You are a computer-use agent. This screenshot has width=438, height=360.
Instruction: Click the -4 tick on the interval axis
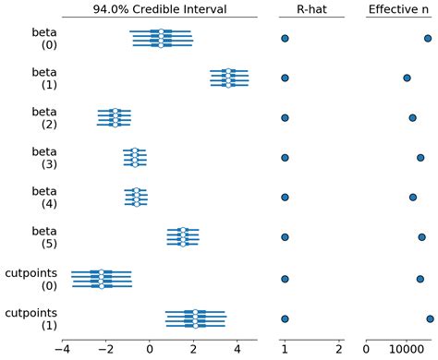point(63,350)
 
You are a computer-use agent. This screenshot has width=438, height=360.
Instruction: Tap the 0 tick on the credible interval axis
point(150,350)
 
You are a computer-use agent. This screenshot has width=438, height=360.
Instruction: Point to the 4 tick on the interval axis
point(237,350)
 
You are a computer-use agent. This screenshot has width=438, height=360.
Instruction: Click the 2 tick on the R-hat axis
point(339,350)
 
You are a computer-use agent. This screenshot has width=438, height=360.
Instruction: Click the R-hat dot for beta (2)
point(285,118)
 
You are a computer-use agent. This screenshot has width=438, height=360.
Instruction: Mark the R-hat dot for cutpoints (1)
point(285,318)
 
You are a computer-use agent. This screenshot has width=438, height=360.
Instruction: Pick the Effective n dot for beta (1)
point(407,78)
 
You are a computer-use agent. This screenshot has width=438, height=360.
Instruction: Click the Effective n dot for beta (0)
point(428,38)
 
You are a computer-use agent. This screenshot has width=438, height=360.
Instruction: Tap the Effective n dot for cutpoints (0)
point(420,278)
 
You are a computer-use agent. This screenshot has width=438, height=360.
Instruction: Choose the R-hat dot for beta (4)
point(285,198)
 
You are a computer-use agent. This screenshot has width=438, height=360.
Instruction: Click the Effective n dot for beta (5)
point(421,237)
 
